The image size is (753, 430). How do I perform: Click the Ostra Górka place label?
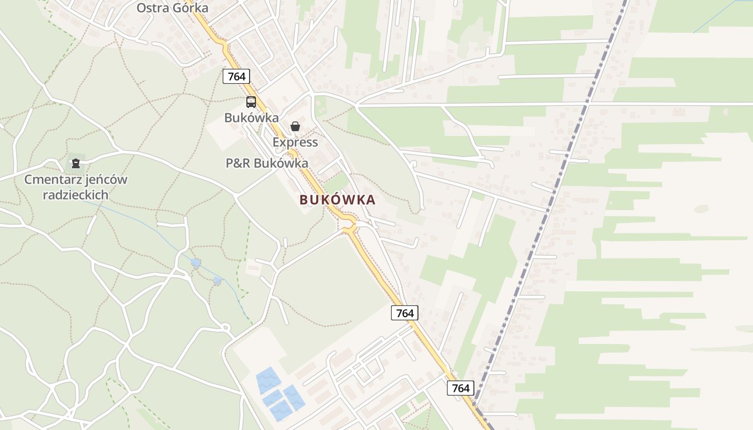(x=172, y=8)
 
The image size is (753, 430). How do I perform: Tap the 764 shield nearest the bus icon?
(x=237, y=76)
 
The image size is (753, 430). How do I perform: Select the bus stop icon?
(x=251, y=102)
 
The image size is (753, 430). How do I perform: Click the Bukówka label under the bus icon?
(x=252, y=118)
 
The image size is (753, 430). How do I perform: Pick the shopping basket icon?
(x=295, y=127)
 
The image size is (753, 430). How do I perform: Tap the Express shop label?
(x=295, y=142)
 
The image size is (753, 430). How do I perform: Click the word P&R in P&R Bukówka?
(x=238, y=163)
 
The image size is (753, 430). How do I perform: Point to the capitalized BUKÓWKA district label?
(x=337, y=200)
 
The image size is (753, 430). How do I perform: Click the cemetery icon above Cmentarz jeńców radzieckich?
(x=76, y=162)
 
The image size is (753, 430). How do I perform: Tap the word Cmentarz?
(x=52, y=180)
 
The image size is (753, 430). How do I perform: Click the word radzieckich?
(x=76, y=195)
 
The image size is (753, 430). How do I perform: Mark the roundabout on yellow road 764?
(x=350, y=225)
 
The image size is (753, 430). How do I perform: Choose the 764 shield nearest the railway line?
(x=461, y=388)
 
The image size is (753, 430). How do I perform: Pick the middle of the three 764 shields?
(x=404, y=313)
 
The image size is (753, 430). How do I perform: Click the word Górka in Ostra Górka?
(x=190, y=8)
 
